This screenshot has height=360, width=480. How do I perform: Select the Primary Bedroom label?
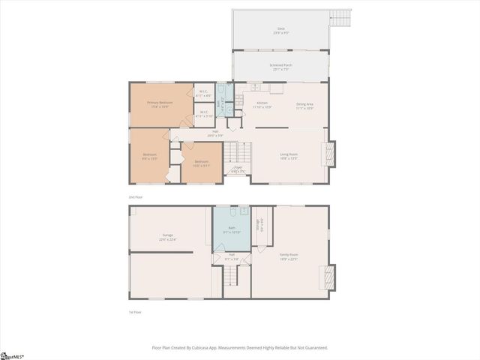[160, 103]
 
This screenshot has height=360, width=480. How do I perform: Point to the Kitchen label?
[262, 103]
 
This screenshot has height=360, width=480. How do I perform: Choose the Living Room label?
[289, 154]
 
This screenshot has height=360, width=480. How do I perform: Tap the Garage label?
[167, 236]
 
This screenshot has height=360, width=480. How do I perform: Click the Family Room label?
[289, 256]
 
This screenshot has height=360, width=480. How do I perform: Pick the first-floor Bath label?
[232, 230]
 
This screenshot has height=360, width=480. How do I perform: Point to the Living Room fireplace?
[331, 155]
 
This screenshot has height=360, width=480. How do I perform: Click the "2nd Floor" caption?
[136, 196]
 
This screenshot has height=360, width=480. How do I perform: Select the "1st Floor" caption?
[135, 312]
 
